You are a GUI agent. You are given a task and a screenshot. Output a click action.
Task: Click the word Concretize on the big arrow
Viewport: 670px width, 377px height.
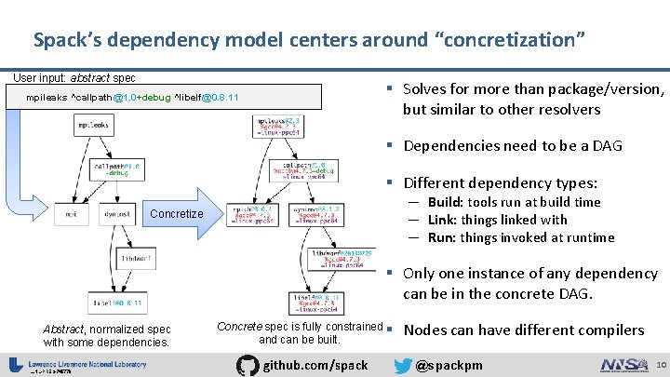[176, 214]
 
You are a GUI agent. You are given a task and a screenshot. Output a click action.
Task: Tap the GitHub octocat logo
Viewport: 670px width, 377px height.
[247, 364]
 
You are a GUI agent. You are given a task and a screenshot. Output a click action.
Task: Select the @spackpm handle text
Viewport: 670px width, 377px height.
[449, 365]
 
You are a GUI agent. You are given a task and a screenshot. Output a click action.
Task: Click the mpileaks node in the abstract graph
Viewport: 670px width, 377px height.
[93, 125]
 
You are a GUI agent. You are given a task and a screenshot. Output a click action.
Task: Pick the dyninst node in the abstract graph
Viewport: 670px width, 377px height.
[115, 214]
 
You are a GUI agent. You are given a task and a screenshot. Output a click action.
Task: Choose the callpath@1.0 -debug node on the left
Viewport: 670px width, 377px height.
[115, 168]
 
